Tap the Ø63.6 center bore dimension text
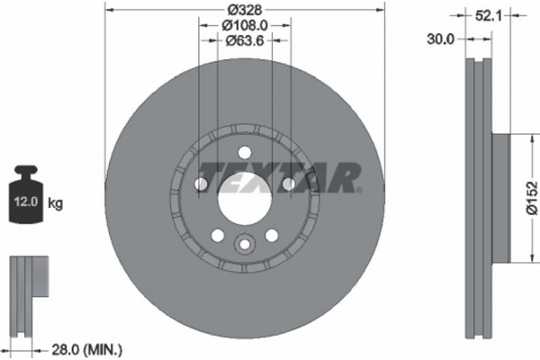pos(244,42)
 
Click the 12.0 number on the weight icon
pos(24,204)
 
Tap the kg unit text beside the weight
pos(56,204)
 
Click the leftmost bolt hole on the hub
pos(200,185)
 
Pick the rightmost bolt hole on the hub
pos(288,185)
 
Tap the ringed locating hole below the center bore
pos(244,245)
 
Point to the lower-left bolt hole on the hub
pos(217,235)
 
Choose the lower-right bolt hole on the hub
pos(271,235)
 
